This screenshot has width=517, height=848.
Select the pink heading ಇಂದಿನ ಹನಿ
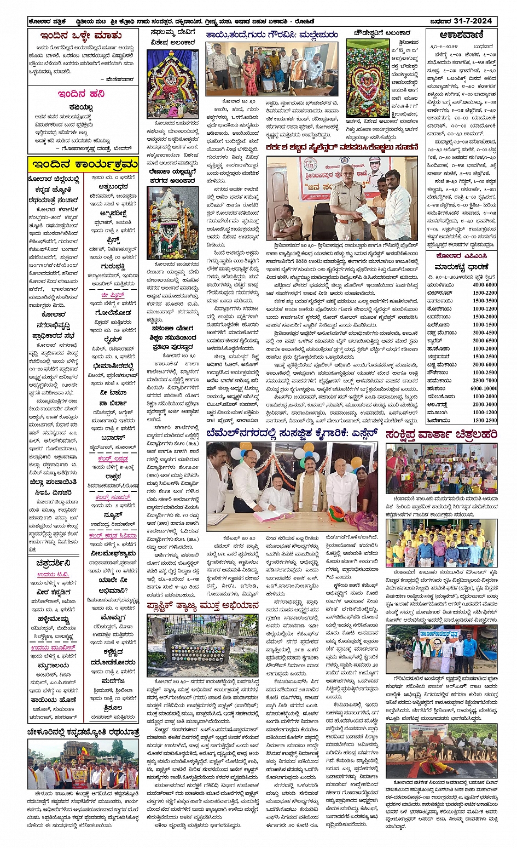[x=82, y=94]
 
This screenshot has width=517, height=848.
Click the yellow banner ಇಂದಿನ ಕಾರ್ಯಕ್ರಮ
[x=84, y=164]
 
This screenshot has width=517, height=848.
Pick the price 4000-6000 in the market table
[x=484, y=285]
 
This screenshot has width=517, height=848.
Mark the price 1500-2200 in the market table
[x=484, y=293]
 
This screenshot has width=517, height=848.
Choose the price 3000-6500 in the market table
[x=484, y=340]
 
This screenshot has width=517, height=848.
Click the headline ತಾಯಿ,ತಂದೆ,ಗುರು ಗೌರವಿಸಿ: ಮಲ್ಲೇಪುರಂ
[x=272, y=35]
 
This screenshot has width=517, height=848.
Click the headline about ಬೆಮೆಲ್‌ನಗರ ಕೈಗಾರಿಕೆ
[x=292, y=434]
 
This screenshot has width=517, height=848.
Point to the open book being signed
[x=272, y=515]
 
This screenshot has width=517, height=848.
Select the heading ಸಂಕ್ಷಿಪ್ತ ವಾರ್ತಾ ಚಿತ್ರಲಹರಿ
[x=442, y=434]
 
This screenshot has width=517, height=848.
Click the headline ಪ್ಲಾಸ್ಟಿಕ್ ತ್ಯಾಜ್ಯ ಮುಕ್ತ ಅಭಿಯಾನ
[x=203, y=605]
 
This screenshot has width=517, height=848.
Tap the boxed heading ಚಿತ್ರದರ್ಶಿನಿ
[x=53, y=563]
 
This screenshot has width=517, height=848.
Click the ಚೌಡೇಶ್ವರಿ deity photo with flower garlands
[x=367, y=78]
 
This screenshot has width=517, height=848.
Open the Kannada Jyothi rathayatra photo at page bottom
[x=83, y=764]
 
